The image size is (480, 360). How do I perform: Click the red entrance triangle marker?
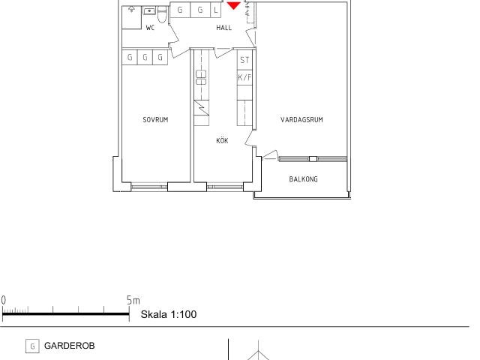point(233,5)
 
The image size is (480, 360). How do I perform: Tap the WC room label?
point(150,28)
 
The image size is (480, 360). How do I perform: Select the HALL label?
point(223,28)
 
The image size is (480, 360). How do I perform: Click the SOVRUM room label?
point(155,120)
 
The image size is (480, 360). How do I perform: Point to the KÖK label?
point(222,140)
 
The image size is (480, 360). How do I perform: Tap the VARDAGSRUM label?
point(301,120)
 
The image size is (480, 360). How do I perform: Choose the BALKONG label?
point(303,179)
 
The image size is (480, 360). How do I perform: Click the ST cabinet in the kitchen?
point(244,60)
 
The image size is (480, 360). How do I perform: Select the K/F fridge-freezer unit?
point(244,78)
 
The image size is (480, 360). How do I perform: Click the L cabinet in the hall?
point(216,10)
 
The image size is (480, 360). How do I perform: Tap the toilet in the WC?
point(162,15)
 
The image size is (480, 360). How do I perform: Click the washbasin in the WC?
point(149,11)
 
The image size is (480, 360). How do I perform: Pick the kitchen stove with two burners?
point(201,77)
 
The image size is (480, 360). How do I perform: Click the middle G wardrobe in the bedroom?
point(145,57)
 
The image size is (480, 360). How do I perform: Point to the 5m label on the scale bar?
point(133,300)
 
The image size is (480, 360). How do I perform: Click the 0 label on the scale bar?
point(3,300)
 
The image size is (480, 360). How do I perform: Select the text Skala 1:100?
point(169,314)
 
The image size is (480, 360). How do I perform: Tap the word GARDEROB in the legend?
point(70,346)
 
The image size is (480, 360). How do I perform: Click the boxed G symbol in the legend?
point(32,346)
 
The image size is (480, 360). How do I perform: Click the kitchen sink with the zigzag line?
point(202,108)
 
